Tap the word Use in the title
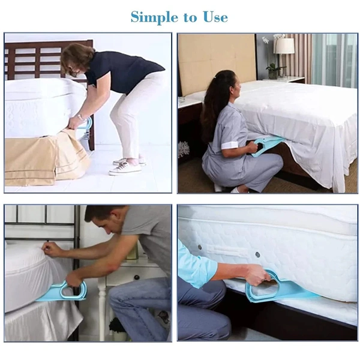214,17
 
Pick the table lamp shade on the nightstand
284,46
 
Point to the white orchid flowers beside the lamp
266,41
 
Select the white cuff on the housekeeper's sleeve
229,145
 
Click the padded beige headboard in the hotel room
216,60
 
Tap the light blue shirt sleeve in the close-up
196,265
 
